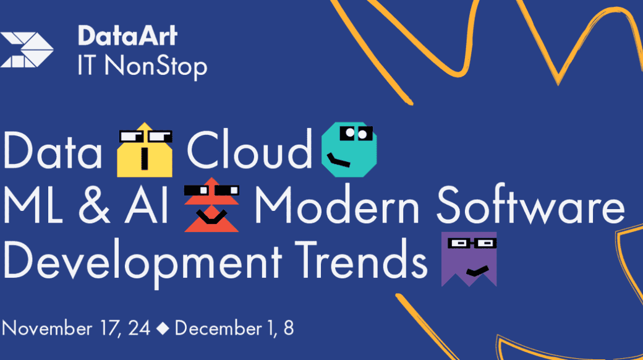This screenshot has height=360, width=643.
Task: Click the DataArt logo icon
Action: tap(27, 49)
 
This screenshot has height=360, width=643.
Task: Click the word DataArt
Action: tap(127, 36)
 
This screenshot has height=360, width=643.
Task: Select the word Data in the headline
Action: tap(53, 150)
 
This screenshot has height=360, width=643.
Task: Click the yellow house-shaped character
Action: tap(145, 150)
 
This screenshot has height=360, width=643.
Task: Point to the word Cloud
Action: tap(249, 149)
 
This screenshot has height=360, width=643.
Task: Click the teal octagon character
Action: tap(349, 150)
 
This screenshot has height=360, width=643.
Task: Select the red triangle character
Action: tap(211, 205)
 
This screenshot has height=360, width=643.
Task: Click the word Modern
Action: tap(337, 205)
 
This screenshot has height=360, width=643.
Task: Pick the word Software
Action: tap(530, 205)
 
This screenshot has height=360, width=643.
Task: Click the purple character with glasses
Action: tap(469, 259)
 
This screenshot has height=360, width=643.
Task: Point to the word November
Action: tap(47, 328)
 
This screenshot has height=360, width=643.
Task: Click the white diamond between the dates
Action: tap(163, 328)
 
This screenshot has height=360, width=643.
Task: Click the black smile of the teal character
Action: tap(338, 160)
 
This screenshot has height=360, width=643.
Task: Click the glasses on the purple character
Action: tap(472, 244)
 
